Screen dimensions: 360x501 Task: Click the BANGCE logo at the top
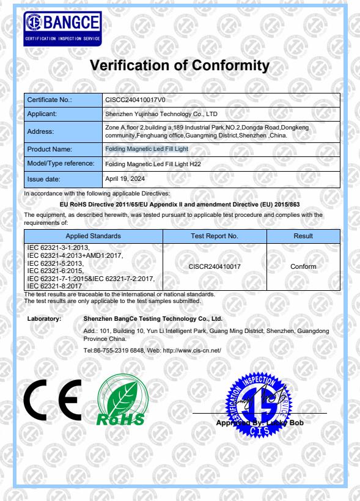coord(62,27)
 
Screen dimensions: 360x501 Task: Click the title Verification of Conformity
coord(180,65)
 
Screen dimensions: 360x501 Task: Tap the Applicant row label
coord(42,114)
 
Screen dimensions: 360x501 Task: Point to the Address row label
coord(41,131)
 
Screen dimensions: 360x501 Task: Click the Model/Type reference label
coord(60,164)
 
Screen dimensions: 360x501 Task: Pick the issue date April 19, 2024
coord(123,179)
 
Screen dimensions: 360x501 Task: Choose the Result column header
coord(303,236)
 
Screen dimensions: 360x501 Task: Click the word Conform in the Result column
coord(303,266)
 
